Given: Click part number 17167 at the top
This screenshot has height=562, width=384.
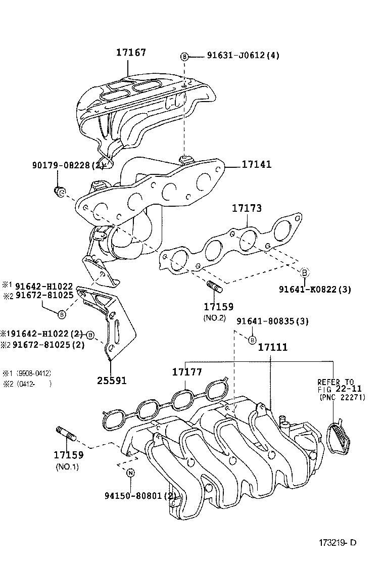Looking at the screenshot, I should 131,52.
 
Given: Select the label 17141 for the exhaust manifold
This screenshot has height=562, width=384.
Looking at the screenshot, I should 256,164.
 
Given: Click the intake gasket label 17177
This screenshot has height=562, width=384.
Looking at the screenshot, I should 187,372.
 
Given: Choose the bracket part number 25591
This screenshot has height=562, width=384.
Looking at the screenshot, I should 112,380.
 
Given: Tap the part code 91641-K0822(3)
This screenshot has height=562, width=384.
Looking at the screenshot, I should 315,289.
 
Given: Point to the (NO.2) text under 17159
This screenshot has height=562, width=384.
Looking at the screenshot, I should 214,318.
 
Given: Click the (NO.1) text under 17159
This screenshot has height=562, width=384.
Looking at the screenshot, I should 67,466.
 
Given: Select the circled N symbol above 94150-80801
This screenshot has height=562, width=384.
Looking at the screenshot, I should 130,473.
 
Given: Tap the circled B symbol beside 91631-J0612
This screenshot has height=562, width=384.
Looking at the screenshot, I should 184,56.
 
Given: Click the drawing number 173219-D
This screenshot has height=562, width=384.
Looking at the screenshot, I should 337,543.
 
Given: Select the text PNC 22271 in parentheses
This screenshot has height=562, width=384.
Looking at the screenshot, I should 342,397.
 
